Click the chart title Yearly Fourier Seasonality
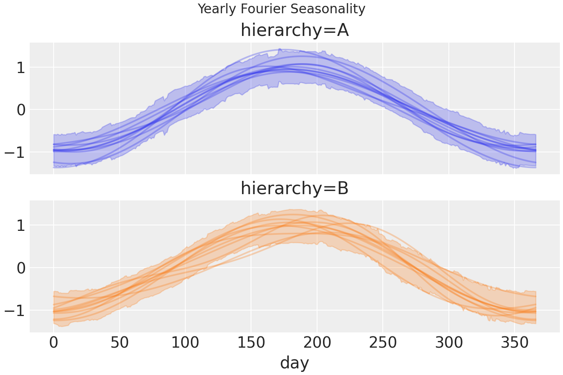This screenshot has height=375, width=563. point(281,9)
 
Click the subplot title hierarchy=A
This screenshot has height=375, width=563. point(294,30)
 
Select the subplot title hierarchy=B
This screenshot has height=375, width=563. point(294,188)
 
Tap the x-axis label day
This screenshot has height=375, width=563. point(294,362)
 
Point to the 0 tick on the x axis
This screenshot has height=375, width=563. point(54,343)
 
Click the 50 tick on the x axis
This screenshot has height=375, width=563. point(119,343)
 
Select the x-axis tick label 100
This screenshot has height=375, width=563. point(185,343)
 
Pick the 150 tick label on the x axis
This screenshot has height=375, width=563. point(251,343)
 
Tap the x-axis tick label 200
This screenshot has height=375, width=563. point(317,343)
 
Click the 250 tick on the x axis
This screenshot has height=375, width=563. point(383,343)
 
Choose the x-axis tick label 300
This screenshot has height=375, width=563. point(449,343)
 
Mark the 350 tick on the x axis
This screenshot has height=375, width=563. point(515,343)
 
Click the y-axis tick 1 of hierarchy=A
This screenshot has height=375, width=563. point(21,68)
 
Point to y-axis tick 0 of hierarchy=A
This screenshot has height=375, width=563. point(21,110)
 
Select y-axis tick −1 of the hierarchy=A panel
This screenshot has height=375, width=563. point(15,152)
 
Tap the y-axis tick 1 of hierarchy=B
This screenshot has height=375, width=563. point(21,225)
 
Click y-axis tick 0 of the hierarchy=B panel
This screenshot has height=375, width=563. point(21,268)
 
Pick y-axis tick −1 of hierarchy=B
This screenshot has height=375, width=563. point(15,310)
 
